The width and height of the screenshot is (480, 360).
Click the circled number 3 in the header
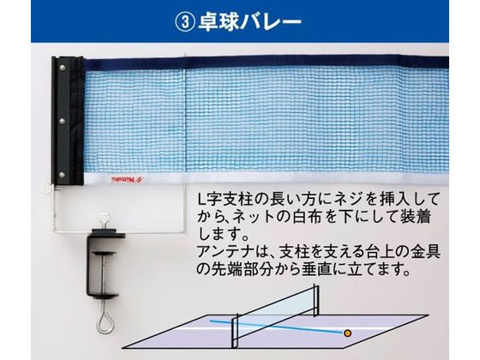tap(184, 21)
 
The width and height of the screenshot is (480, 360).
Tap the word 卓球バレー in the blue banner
tap(249, 21)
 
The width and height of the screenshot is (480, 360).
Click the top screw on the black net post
tap(63, 68)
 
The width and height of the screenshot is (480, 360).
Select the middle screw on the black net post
tap(62, 121)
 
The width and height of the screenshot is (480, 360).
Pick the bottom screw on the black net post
tap(62, 175)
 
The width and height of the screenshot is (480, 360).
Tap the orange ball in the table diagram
tap(347, 333)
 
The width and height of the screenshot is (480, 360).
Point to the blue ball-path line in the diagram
tap(276, 327)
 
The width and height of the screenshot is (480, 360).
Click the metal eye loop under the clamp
tap(105, 317)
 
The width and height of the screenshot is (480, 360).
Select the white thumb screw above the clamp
tap(104, 219)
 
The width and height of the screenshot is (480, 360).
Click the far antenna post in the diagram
tap(316, 300)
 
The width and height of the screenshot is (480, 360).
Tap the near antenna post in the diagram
tap(235, 333)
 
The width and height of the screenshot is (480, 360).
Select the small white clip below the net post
tap(47, 189)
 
